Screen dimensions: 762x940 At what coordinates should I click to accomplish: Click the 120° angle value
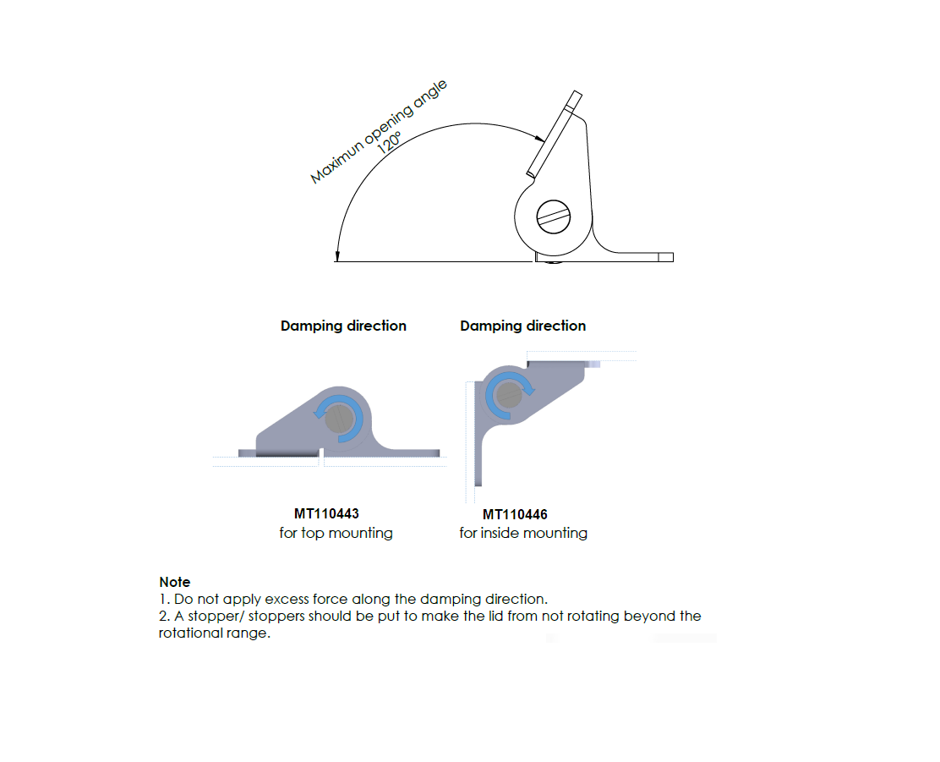(390, 141)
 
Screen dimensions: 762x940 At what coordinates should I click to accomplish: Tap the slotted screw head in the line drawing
(554, 216)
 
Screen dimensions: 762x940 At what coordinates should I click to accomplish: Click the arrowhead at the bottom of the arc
(336, 255)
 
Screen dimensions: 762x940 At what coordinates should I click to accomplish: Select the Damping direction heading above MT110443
(343, 326)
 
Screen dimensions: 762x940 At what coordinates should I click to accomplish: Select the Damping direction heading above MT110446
(522, 326)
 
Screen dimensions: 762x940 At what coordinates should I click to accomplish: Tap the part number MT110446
(515, 514)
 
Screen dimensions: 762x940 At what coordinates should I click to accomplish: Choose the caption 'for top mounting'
(336, 533)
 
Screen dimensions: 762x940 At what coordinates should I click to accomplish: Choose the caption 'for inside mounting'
(523, 533)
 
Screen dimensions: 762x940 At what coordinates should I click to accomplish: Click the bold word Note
(175, 582)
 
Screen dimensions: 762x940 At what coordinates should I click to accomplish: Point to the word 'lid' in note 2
(474, 616)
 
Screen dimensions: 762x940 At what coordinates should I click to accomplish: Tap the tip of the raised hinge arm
(575, 96)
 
